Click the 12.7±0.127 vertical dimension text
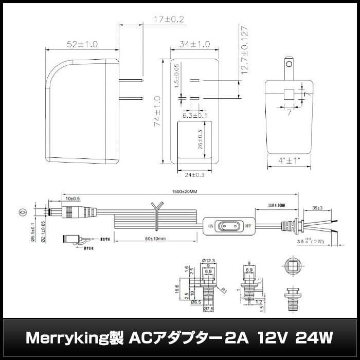246,48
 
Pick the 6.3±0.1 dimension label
194,115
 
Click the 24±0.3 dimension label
194,175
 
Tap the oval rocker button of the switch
229,226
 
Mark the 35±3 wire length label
317,208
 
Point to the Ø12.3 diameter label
208,260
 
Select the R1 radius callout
224,290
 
